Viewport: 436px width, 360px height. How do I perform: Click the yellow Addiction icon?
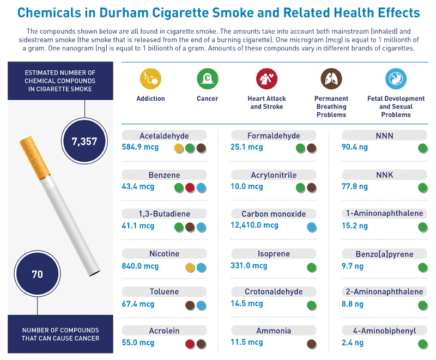point(150,78)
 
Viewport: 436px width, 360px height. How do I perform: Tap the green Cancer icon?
point(207,78)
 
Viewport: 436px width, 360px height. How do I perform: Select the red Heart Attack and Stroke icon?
point(267,78)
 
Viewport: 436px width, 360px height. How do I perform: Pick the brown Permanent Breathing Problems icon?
point(331,78)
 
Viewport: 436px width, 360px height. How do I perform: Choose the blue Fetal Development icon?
point(395,78)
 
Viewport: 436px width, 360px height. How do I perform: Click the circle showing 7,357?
point(84,142)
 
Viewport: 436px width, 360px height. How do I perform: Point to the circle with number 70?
point(37,274)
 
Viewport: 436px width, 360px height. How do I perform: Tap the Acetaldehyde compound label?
point(164,136)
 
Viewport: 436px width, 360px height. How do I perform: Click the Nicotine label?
point(164,254)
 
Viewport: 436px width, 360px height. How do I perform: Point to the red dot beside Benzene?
point(190,187)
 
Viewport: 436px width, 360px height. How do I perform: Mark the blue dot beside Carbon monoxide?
point(312,227)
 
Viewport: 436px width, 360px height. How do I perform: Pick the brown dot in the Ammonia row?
point(312,344)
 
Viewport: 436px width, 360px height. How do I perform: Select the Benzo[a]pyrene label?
point(385,254)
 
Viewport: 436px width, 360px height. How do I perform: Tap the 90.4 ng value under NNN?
point(355,147)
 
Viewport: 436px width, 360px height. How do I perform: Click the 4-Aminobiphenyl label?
point(385,331)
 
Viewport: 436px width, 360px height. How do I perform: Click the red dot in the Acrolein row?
point(190,344)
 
